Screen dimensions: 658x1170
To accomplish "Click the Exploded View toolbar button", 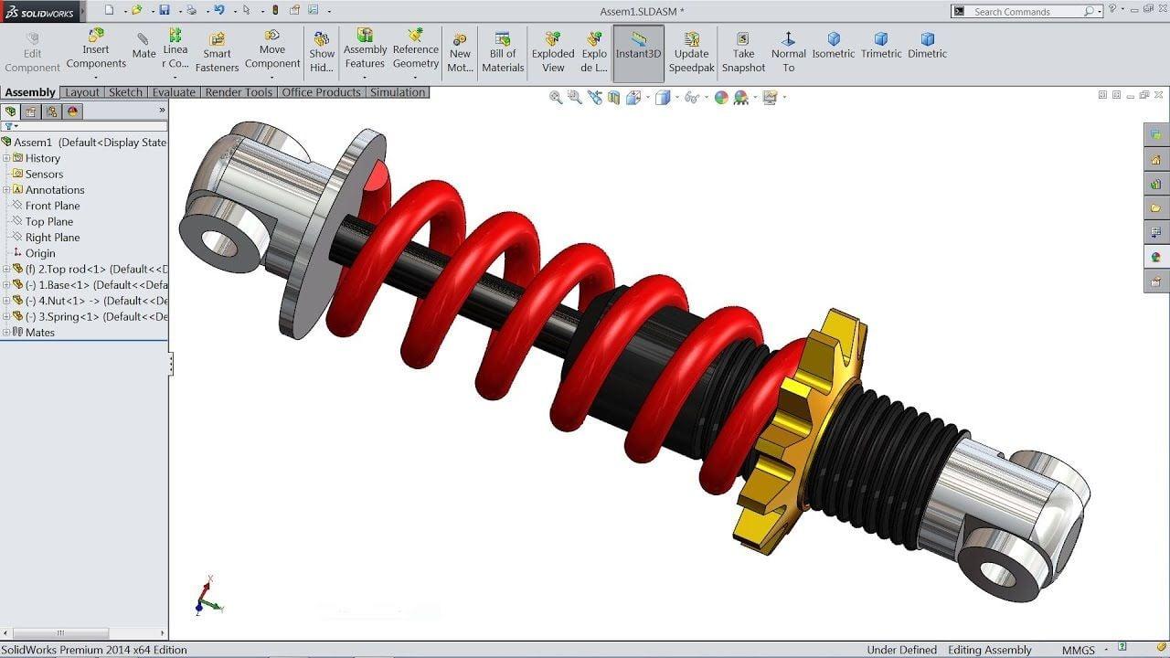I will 552,52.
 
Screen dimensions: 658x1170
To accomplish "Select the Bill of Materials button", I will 503,52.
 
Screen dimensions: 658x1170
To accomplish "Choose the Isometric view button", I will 833,45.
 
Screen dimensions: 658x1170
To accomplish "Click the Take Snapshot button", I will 743,52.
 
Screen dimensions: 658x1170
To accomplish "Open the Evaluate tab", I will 174,92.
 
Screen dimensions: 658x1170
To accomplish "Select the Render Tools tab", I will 239,92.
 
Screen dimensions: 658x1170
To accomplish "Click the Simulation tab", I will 398,92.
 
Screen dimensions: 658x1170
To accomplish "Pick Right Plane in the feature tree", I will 52,238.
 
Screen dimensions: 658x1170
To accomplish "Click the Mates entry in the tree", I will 39,333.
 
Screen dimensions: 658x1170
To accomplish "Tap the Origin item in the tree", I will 40,253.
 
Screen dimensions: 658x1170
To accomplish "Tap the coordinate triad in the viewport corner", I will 208,597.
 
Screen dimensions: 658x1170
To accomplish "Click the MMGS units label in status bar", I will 1078,650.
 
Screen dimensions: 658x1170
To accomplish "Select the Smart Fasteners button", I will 217,52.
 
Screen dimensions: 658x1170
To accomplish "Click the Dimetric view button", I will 927,45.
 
